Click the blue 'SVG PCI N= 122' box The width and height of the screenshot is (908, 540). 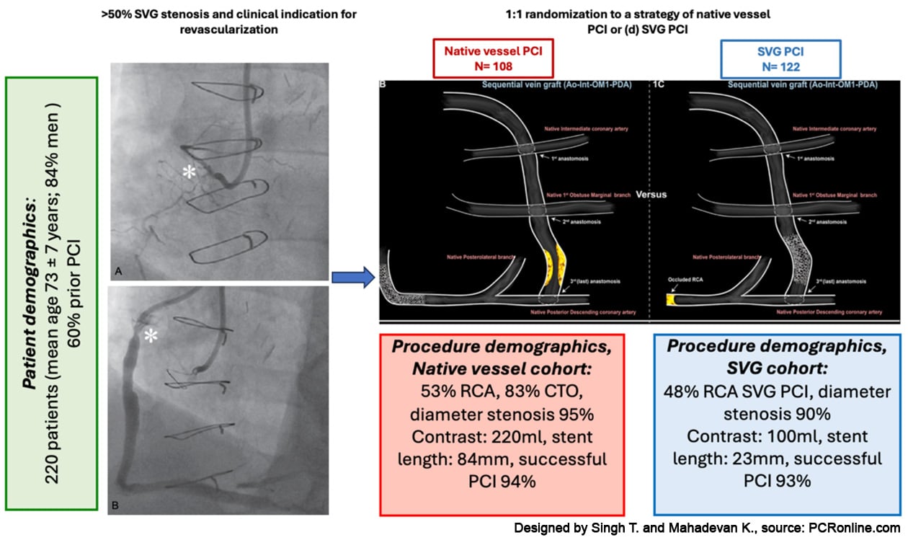click(782, 58)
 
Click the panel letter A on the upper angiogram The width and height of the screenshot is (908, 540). click(118, 270)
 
